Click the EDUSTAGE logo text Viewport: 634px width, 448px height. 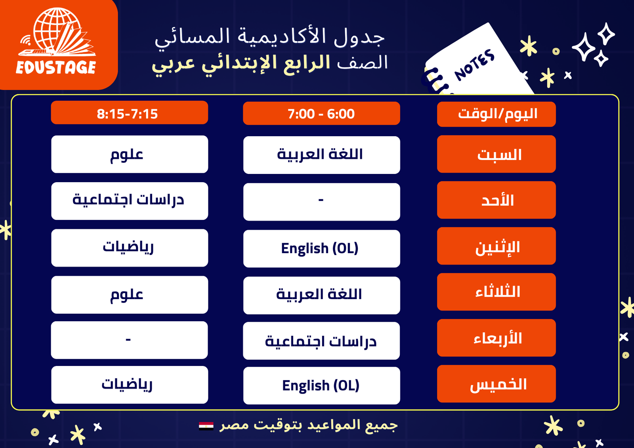[56, 67]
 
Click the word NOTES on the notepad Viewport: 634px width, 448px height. [475, 65]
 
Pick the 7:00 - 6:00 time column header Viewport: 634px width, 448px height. [321, 113]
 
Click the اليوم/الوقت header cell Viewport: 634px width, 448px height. [496, 114]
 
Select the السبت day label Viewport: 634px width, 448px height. [496, 154]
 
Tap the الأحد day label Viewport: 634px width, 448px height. [496, 200]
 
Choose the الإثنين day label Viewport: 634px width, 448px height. [496, 246]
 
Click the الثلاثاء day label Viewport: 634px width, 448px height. [496, 292]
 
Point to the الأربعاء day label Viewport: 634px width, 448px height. [496, 337]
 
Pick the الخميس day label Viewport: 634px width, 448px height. [496, 383]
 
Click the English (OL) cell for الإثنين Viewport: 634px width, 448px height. [321, 248]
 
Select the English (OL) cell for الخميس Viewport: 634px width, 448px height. [321, 385]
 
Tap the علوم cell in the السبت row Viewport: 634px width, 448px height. [129, 154]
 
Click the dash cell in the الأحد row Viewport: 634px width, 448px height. [321, 202]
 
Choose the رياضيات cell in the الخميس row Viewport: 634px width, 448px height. [129, 385]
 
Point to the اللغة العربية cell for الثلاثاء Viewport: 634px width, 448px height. [321, 295]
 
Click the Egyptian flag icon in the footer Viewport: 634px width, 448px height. [206, 426]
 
